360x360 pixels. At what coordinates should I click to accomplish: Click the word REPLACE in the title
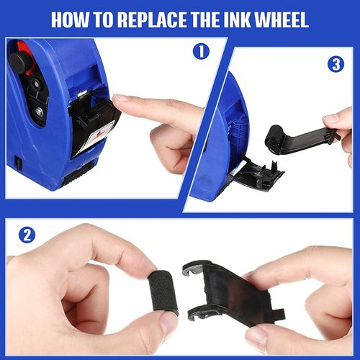coord(151,19)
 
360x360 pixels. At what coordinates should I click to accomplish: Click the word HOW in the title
coord(70,19)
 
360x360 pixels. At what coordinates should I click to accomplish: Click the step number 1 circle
coord(201,51)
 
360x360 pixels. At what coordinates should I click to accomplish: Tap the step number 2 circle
coord(27,235)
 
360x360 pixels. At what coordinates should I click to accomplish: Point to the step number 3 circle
coord(336,64)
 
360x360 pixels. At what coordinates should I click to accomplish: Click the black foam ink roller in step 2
coord(163,293)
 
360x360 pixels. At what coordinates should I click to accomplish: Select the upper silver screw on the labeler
coord(36,84)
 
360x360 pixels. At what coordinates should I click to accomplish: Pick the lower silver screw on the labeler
coord(39,111)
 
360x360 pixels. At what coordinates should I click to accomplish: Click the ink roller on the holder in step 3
coord(274,139)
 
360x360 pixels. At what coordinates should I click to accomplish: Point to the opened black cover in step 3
coord(257,174)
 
